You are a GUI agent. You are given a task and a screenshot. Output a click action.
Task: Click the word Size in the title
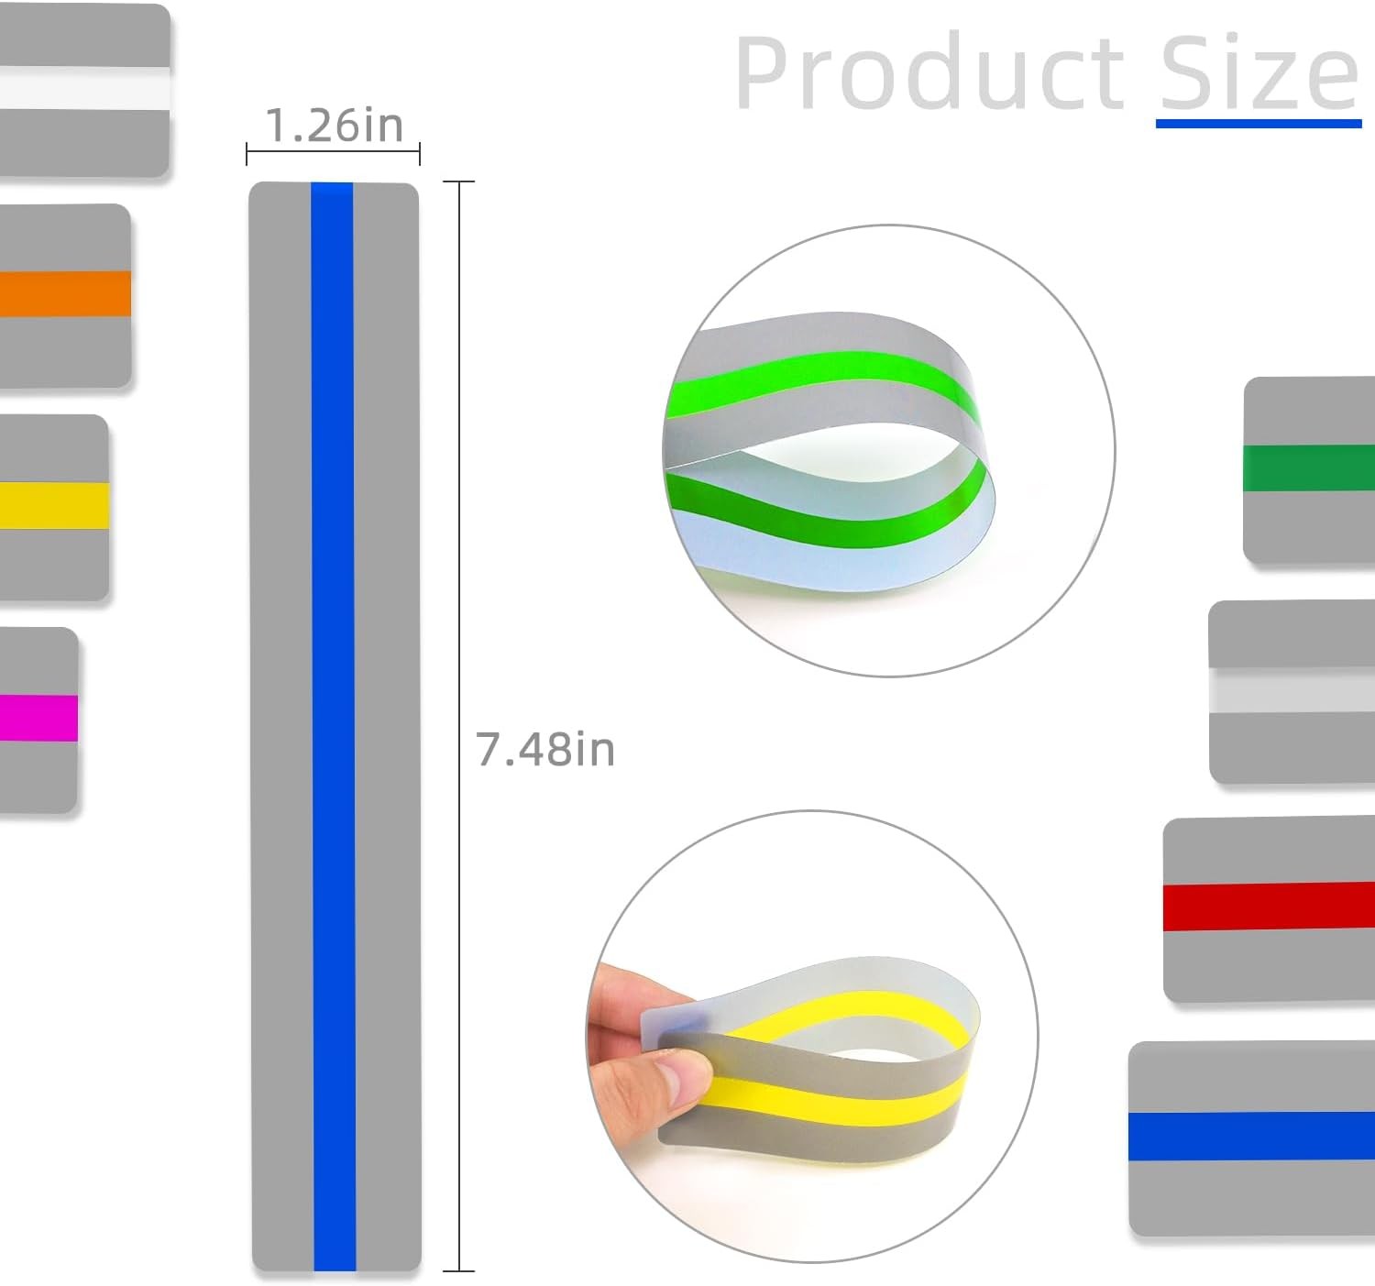coord(1259,71)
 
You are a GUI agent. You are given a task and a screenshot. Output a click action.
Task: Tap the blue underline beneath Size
coord(1259,123)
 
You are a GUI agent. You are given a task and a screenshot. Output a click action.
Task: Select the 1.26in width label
coord(335,126)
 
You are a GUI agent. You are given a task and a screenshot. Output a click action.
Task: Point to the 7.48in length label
coord(544,749)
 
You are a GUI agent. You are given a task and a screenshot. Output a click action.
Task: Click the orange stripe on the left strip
coord(65,293)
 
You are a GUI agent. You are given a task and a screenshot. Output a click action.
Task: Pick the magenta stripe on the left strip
coord(38,718)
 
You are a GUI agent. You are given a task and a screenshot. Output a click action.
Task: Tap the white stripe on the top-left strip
coord(84,88)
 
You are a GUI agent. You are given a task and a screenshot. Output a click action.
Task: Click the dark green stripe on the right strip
coord(1308,467)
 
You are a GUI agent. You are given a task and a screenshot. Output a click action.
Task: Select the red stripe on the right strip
coord(1269,907)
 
